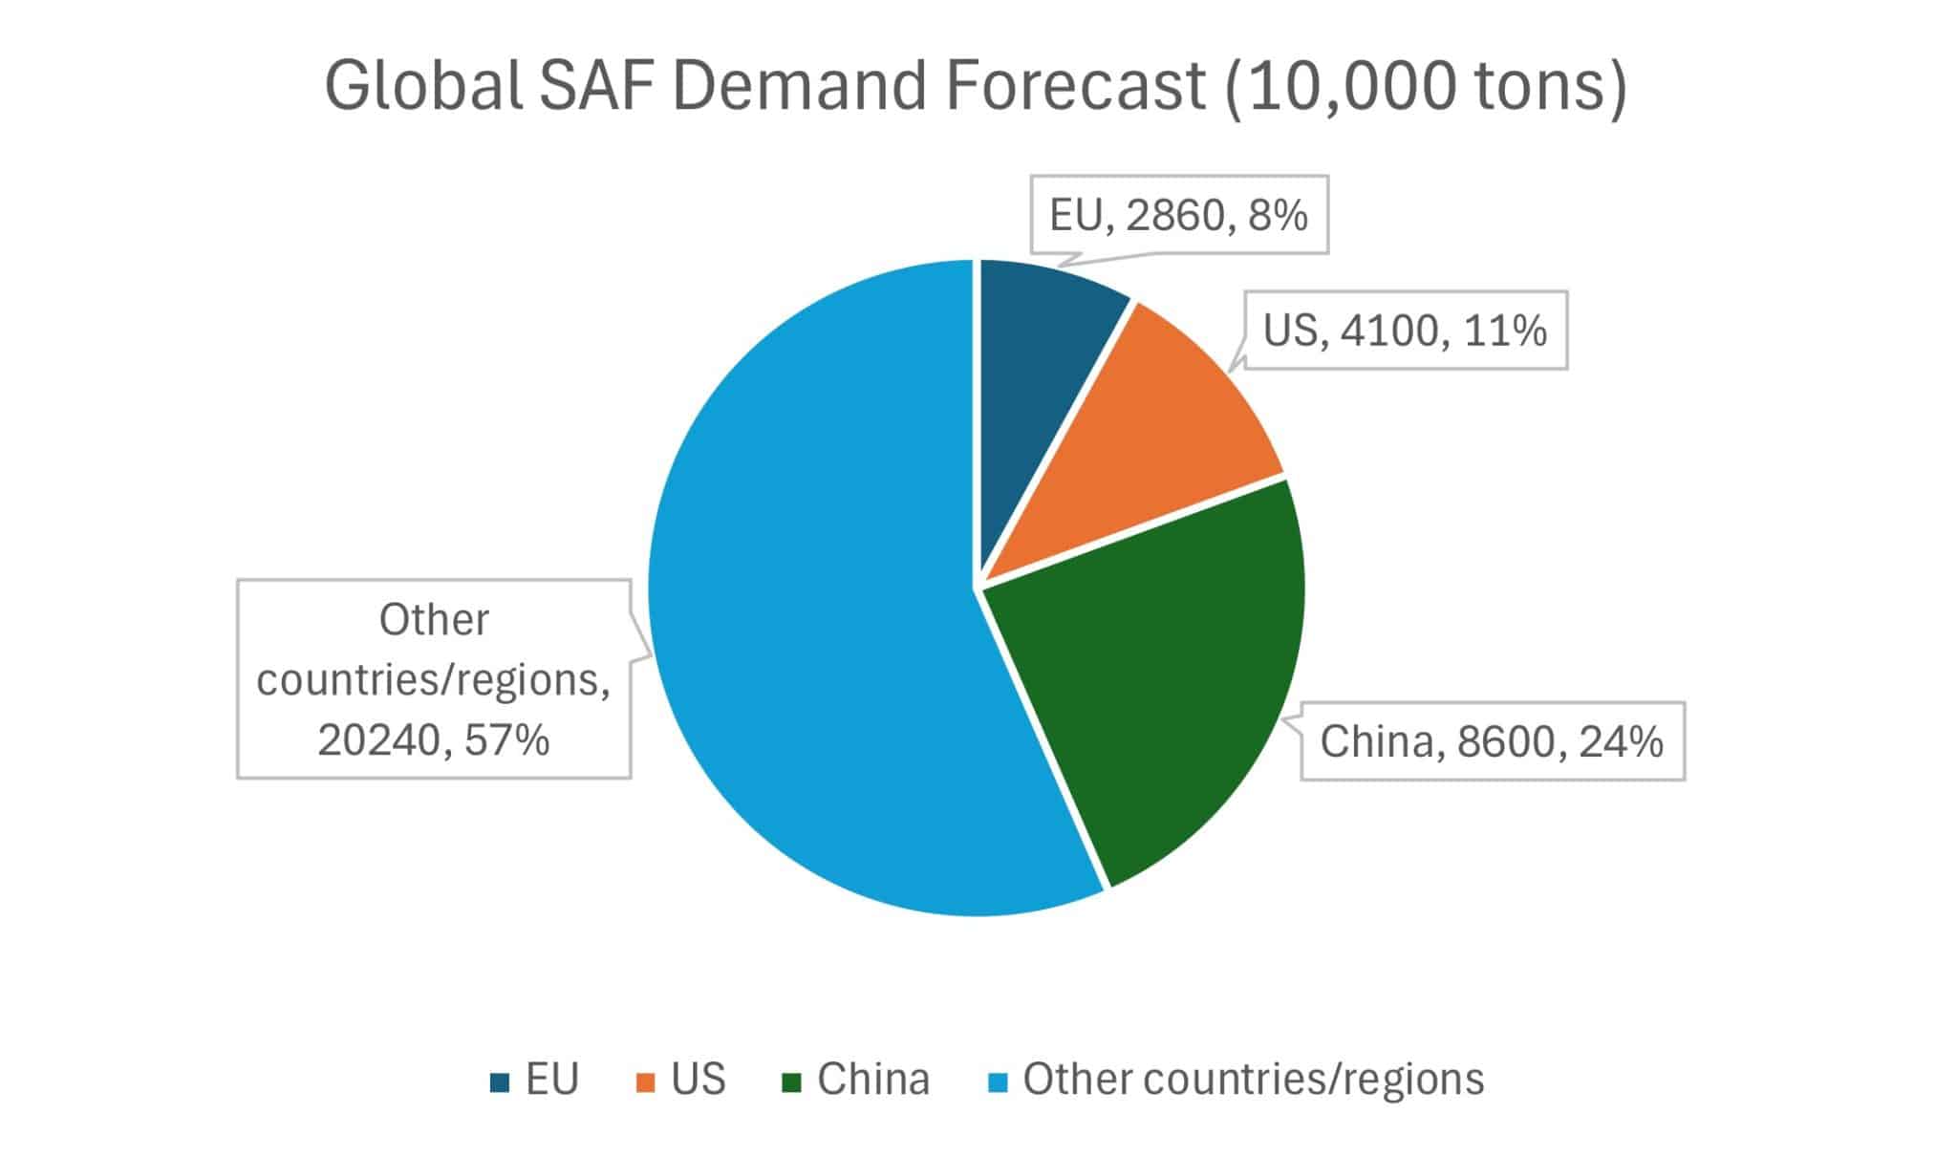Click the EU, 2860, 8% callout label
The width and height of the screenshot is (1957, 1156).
(1178, 215)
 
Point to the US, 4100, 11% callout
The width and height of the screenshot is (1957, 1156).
(1405, 331)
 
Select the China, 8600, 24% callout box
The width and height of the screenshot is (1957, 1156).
(1492, 741)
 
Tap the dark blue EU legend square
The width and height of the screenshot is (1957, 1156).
(499, 1082)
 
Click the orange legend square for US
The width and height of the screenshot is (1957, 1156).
(646, 1082)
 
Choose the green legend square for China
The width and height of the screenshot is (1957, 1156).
(791, 1082)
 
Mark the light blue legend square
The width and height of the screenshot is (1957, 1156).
(998, 1082)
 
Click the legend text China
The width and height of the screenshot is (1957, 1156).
(873, 1080)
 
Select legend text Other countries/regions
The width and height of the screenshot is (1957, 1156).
(1254, 1080)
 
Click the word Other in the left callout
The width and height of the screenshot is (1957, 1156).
(434, 620)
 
